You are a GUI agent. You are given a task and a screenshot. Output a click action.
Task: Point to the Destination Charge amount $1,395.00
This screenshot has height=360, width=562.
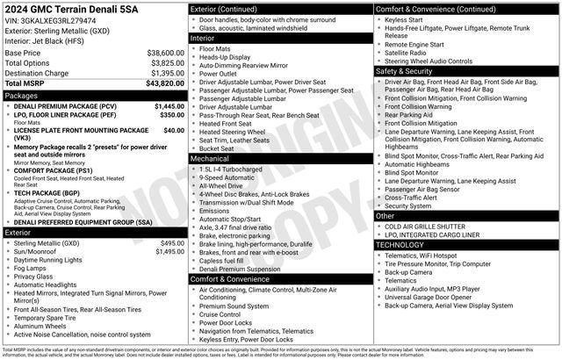pyautogui.click(x=165, y=73)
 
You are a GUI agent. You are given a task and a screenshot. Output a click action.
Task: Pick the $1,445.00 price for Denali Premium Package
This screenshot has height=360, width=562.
pyautogui.click(x=169, y=105)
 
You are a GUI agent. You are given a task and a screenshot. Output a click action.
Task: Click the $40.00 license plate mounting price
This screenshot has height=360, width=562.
pyautogui.click(x=174, y=130)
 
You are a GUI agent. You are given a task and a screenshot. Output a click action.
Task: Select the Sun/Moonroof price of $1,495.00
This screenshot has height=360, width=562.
pyautogui.click(x=169, y=251)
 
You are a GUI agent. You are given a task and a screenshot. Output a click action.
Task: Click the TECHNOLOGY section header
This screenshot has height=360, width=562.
pyautogui.click(x=405, y=245)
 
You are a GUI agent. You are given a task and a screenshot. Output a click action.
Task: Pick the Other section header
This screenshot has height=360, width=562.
pyautogui.click(x=385, y=215)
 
